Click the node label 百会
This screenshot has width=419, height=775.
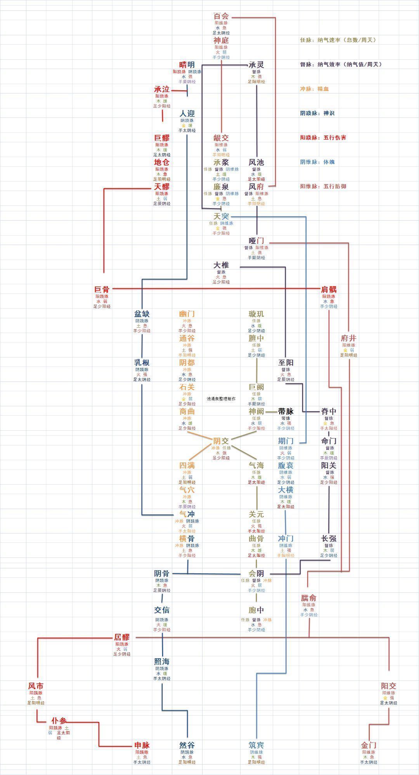coord(221,16)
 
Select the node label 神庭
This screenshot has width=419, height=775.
coord(221,40)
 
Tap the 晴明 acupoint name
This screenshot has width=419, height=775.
coord(187,65)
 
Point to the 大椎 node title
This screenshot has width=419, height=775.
coord(221,265)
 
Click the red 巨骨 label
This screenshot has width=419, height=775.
coord(102,289)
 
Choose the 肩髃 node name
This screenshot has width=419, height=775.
coord(329,289)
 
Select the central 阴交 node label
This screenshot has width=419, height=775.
coord(221,441)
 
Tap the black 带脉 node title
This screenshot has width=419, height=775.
coord(286,411)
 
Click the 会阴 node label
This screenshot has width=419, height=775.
coord(256,574)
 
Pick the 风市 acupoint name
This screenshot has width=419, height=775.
coord(36,686)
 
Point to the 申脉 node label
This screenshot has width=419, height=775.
coord(142,745)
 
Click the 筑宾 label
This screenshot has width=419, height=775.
coord(256,745)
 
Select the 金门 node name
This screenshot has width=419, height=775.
coord(369,745)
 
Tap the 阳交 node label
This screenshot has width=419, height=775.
coord(389,686)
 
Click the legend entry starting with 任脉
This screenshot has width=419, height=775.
coord(338,40)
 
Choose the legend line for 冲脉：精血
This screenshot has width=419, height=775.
coord(314,89)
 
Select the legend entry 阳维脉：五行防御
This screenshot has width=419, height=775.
coord(323,186)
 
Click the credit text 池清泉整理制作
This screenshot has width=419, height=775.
coord(221,399)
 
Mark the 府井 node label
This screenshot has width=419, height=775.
coord(349,338)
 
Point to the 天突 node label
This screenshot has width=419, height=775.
coord(221,216)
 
